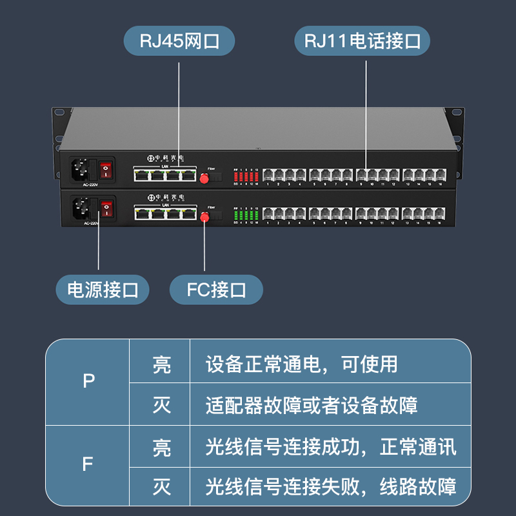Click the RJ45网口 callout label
click(179, 42)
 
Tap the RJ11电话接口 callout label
click(362, 42)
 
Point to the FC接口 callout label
click(216, 290)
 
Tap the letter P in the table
click(89, 382)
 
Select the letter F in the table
click(89, 464)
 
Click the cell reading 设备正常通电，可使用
click(301, 364)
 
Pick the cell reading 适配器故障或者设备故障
click(312, 405)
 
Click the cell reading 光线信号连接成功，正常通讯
click(331, 446)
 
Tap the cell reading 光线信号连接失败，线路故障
click(331, 486)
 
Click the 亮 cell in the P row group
click(161, 364)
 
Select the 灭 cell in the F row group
click(161, 486)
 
